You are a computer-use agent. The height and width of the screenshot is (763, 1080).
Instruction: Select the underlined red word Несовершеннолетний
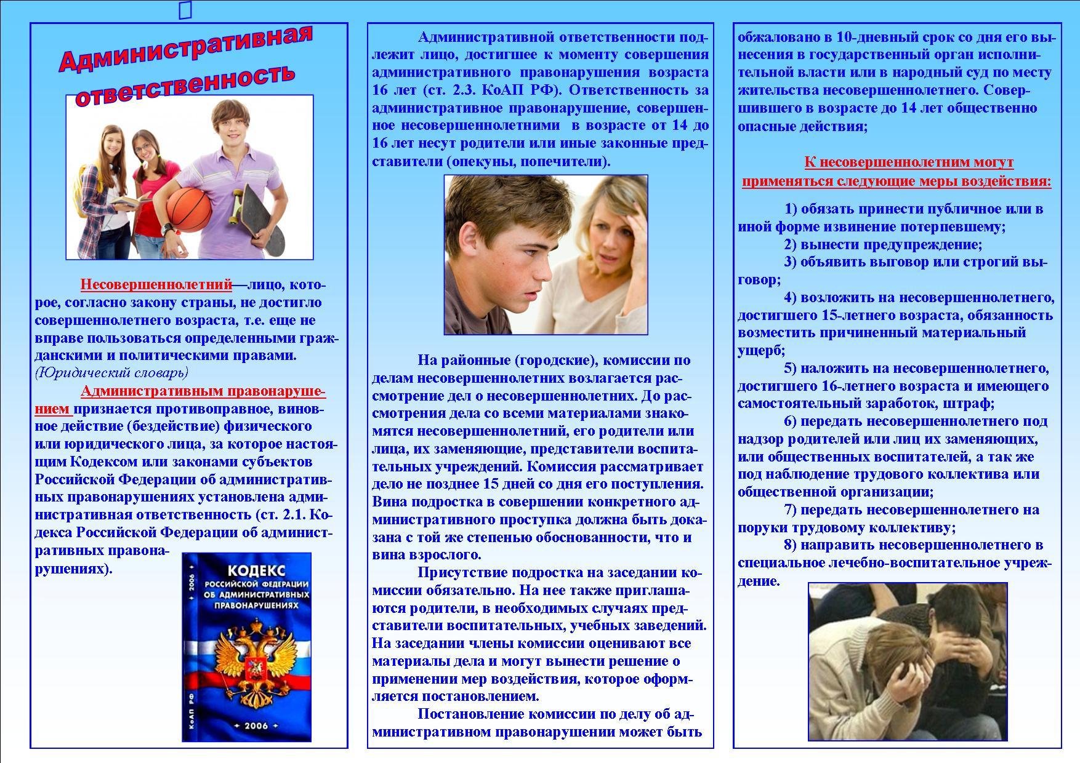[156, 285]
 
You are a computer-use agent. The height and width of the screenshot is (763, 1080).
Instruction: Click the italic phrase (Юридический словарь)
[111, 373]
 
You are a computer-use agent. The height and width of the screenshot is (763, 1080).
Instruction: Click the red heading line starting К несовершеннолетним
[908, 163]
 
